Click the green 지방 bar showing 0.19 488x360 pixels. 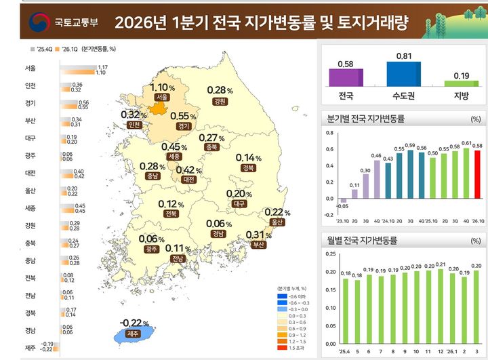[461, 83]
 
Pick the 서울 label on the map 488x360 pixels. [161, 98]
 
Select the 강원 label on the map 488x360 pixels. [219, 102]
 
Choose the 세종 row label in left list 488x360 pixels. [30, 207]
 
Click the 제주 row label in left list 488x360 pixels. [30, 348]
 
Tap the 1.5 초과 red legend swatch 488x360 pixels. [282, 348]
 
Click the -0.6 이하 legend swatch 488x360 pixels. [282, 296]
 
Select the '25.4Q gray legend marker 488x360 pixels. [33, 49]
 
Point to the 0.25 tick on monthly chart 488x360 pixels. [329, 254]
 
